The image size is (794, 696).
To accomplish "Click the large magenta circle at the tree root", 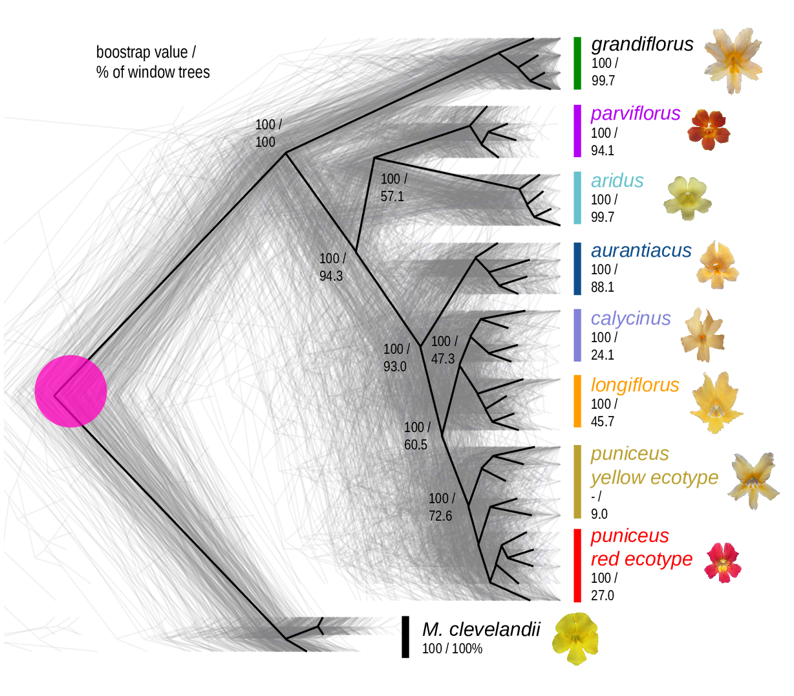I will [x=70, y=391].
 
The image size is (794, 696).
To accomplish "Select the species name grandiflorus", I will [x=642, y=44].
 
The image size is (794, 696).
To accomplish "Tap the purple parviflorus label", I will [x=636, y=113].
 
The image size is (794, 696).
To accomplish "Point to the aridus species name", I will [x=617, y=180].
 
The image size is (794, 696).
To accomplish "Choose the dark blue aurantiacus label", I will [x=641, y=250].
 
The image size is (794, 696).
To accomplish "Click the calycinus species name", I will [x=630, y=318].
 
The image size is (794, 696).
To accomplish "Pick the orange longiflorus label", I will [x=635, y=385].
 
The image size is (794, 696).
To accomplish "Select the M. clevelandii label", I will [x=480, y=629].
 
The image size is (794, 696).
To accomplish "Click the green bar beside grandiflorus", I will [x=577, y=63].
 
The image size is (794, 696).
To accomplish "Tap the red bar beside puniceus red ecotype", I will [x=577, y=565].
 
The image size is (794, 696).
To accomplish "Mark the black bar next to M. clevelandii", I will [x=405, y=636].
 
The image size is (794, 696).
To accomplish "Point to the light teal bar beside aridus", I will [x=577, y=197].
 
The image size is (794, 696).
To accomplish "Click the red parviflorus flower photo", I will [x=709, y=129].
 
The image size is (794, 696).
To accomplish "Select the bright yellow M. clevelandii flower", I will [x=575, y=638].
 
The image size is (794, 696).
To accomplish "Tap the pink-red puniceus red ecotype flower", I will [x=723, y=562].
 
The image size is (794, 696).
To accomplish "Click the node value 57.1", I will [x=392, y=197].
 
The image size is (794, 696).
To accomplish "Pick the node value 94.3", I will [x=331, y=276].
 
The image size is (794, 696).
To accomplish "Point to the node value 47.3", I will [x=443, y=359].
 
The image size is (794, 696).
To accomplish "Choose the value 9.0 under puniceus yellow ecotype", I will [x=599, y=514].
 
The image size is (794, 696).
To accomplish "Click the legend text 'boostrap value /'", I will [x=145, y=52].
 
